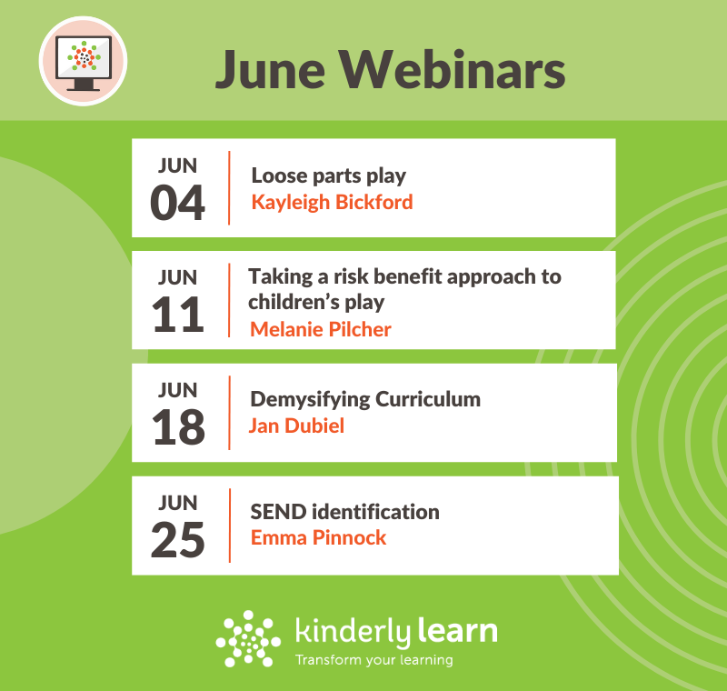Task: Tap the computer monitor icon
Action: point(84,62)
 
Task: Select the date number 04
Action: point(177,202)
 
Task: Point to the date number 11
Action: point(177,315)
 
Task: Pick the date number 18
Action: point(177,426)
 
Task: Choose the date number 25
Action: point(177,539)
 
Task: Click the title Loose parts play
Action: point(328,176)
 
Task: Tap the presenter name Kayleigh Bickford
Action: point(332,203)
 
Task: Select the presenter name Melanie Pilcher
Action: point(321,329)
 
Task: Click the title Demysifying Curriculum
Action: point(365,400)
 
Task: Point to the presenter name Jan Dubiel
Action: point(296,426)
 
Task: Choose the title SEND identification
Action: point(344,512)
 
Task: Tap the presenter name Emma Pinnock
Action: point(318,538)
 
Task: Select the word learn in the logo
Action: point(458,631)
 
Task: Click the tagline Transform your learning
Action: point(374,660)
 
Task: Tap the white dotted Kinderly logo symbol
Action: point(248,638)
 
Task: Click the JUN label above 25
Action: point(177,503)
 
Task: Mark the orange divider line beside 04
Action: point(229,188)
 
